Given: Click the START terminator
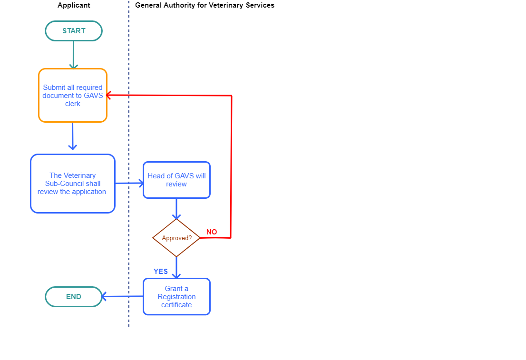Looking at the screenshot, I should click(x=74, y=31).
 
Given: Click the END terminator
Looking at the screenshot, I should click(x=74, y=297).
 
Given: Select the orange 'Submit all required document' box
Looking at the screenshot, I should click(x=73, y=95).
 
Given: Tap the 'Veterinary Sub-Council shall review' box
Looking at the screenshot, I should click(x=73, y=184).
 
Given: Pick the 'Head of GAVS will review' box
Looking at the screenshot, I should click(x=176, y=180).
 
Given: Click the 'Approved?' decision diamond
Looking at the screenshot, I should click(x=176, y=238).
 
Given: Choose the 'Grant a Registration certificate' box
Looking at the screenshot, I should click(x=176, y=297).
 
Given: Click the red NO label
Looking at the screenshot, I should click(x=212, y=232).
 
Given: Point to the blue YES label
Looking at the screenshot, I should click(x=161, y=272).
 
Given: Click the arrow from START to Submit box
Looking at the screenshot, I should click(x=73, y=54).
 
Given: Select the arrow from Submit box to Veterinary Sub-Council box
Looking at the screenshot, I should click(x=73, y=137).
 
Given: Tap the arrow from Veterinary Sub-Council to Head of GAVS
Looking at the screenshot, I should click(x=129, y=183).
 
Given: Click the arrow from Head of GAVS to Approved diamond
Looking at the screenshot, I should click(x=176, y=208).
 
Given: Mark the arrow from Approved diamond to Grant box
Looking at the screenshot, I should click(x=176, y=267).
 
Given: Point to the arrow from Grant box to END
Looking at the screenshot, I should click(x=122, y=297).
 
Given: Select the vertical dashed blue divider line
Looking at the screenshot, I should click(x=129, y=143).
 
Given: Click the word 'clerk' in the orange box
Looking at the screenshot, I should click(x=73, y=104).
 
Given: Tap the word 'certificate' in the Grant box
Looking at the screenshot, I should click(x=176, y=305).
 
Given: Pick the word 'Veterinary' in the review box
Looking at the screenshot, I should click(x=79, y=175).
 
